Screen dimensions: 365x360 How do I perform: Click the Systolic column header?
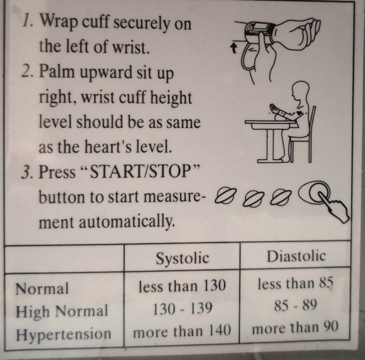tap(183, 258)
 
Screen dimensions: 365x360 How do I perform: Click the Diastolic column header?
tap(296, 256)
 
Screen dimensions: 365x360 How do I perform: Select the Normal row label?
tap(42, 289)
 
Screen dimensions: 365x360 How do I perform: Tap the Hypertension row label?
tap(64, 334)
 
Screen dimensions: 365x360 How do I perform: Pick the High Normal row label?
tap(62, 311)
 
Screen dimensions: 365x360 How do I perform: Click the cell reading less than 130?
tap(182, 285)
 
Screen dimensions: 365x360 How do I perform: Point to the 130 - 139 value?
tap(182, 308)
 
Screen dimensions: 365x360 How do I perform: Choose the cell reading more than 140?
tap(182, 330)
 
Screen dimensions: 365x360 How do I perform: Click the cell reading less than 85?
tap(296, 283)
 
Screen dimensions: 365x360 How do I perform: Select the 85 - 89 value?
tap(296, 305)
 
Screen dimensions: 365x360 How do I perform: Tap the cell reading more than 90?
tap(295, 328)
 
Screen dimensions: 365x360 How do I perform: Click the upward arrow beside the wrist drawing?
tap(234, 49)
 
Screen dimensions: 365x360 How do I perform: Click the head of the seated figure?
tap(301, 90)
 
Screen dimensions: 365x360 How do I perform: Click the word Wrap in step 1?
tap(59, 22)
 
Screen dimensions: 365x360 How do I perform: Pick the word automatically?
tap(127, 222)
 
